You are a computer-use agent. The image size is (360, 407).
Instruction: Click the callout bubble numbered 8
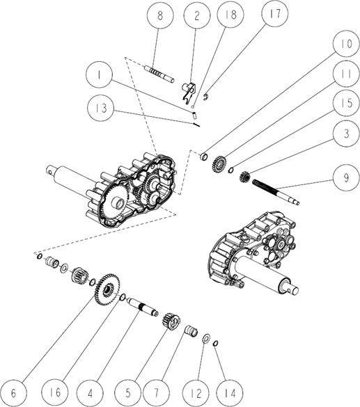[160, 15]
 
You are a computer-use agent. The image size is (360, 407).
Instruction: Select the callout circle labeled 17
[275, 13]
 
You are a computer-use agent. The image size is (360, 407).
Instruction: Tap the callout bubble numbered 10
[346, 44]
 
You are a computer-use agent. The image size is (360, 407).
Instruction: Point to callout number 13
[101, 107]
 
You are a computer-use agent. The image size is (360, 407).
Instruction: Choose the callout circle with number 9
[346, 177]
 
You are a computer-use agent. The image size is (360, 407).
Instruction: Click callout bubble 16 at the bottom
[55, 392]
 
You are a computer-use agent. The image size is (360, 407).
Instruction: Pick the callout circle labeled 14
[230, 393]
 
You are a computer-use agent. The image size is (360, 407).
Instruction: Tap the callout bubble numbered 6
[13, 394]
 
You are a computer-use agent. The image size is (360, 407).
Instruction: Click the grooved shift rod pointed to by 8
[159, 74]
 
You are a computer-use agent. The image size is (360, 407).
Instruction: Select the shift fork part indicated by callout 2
[189, 92]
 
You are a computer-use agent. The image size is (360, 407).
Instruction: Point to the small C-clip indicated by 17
[205, 97]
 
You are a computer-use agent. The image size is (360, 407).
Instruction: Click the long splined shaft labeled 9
[276, 192]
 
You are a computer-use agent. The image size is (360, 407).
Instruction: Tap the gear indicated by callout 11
[219, 163]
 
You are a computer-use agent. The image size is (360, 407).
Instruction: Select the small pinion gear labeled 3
[244, 177]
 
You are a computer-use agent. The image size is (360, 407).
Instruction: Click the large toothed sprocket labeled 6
[107, 289]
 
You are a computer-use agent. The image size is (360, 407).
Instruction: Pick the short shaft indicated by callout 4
[143, 307]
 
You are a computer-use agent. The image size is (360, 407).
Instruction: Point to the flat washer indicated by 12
[207, 339]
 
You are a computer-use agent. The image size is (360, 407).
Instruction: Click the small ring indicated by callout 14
[215, 344]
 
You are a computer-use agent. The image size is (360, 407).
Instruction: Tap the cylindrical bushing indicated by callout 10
[204, 157]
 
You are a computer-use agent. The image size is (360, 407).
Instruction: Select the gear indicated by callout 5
[171, 321]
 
